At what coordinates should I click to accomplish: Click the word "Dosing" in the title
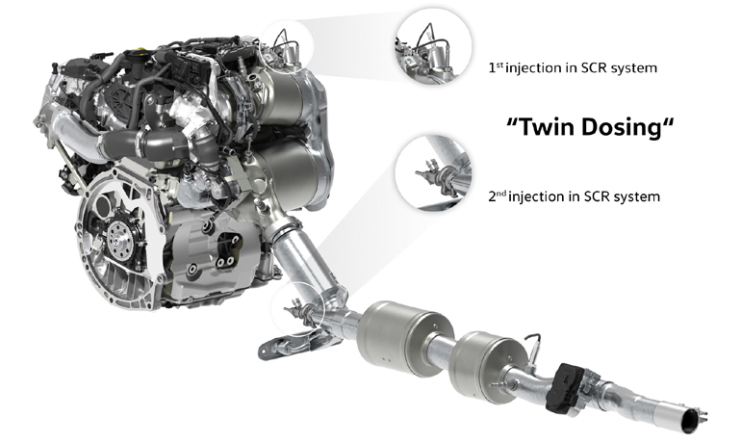tap(620, 129)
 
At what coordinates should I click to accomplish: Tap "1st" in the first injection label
tap(496, 67)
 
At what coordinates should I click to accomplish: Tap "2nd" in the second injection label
tap(498, 196)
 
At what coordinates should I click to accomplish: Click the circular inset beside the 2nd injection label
tap(433, 172)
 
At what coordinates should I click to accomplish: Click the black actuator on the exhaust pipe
tap(566, 389)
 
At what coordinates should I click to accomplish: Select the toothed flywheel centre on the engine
tap(118, 235)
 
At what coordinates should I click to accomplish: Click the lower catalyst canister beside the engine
tap(289, 172)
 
